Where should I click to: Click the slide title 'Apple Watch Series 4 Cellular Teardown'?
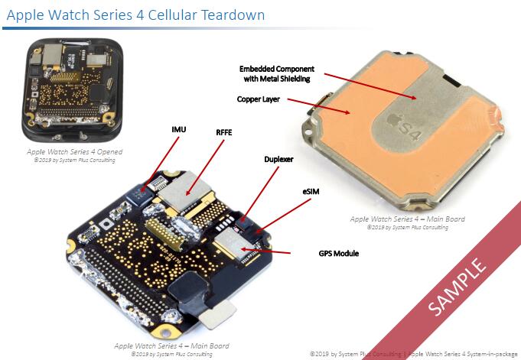click(x=136, y=15)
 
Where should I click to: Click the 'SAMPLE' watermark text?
click(x=458, y=287)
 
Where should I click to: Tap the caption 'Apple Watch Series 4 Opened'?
click(x=73, y=151)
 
